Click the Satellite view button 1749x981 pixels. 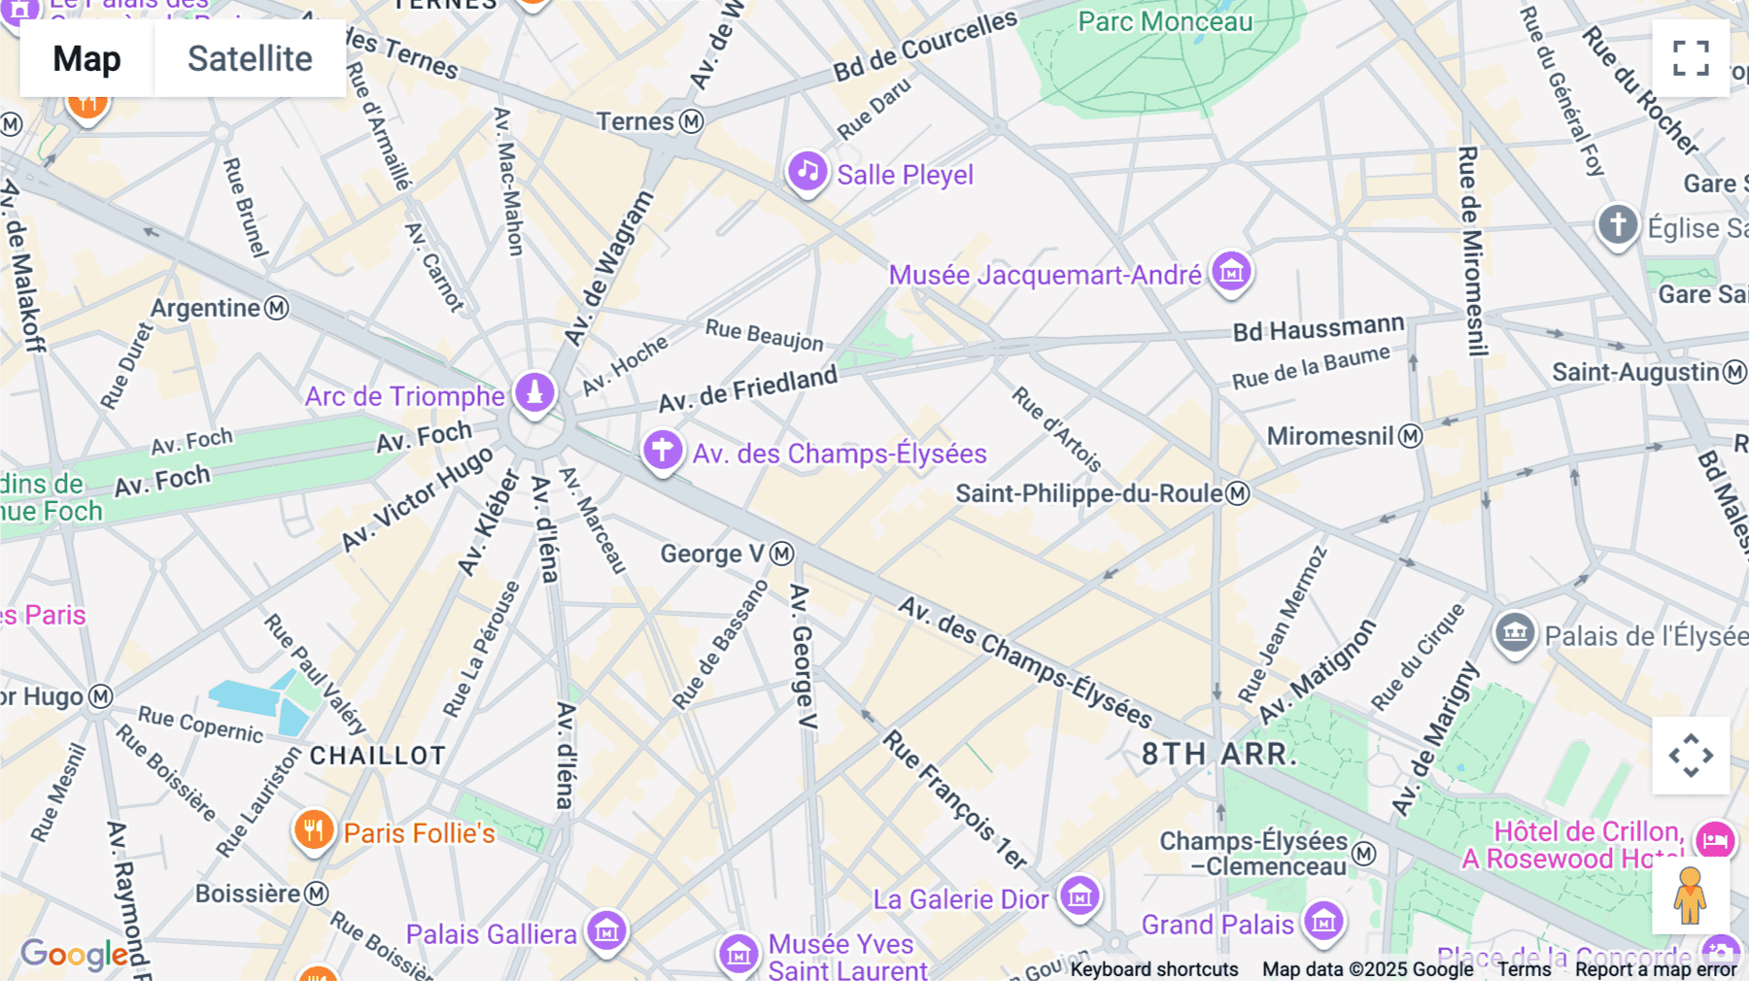tap(250, 59)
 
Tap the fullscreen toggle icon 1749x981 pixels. tap(1691, 58)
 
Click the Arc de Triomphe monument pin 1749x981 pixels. tap(534, 393)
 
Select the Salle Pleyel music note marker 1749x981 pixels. tap(806, 172)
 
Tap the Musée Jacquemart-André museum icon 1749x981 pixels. tap(1231, 273)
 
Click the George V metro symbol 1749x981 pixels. tap(782, 554)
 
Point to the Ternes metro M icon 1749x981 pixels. tap(691, 121)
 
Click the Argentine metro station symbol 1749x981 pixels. tap(277, 308)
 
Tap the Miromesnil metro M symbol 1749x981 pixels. tap(1410, 436)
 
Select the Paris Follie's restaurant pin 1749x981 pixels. tap(313, 831)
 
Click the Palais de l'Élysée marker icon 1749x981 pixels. tap(1514, 634)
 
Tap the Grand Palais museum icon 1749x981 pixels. tap(1323, 922)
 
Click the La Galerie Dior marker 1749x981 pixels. tap(1080, 896)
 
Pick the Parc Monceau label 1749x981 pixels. tap(1165, 21)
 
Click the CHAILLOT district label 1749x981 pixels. tap(378, 756)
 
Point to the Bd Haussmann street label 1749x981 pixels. tap(1318, 328)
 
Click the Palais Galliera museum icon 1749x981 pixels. tap(606, 931)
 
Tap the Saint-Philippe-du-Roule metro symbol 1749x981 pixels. tap(1237, 493)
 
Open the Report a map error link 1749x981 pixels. tap(1656, 969)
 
